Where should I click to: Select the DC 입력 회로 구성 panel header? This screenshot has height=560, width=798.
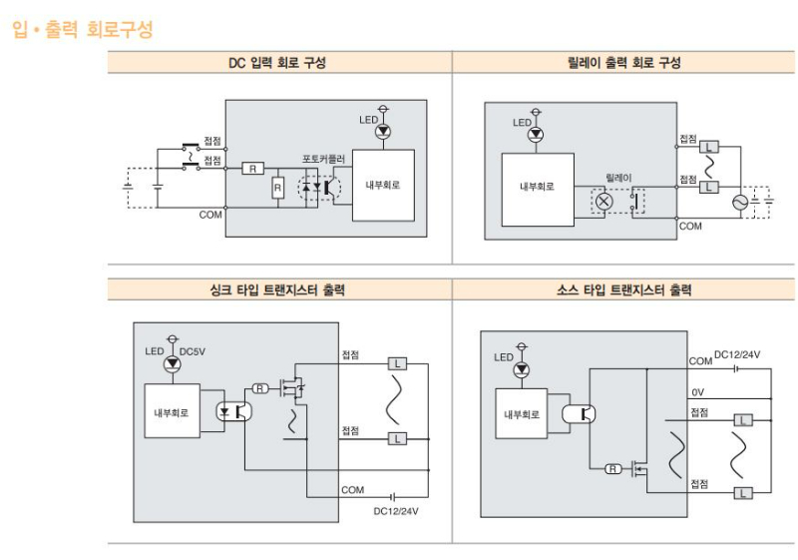click(x=277, y=62)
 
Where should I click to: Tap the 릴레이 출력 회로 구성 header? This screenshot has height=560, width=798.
click(x=623, y=62)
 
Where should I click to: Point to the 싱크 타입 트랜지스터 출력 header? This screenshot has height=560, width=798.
click(x=278, y=290)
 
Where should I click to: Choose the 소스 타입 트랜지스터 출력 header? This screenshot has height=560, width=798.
click(x=623, y=290)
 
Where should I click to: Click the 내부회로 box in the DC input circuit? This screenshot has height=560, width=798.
click(x=383, y=184)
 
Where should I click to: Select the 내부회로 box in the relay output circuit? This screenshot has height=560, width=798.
click(x=537, y=187)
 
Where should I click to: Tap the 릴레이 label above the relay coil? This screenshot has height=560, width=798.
click(x=618, y=177)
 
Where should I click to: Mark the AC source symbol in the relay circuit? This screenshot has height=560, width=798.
click(x=740, y=203)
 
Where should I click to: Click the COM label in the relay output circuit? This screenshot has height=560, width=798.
click(x=690, y=227)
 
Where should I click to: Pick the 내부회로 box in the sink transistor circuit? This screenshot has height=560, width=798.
click(x=172, y=410)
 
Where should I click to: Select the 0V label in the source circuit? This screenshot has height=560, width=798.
click(x=698, y=391)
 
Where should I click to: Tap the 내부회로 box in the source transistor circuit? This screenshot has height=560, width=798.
click(x=522, y=412)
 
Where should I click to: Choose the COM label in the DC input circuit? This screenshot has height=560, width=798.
click(x=210, y=215)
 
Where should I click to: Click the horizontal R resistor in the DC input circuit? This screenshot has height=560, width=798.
click(x=253, y=168)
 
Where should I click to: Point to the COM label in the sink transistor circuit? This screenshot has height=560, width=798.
click(x=352, y=490)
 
